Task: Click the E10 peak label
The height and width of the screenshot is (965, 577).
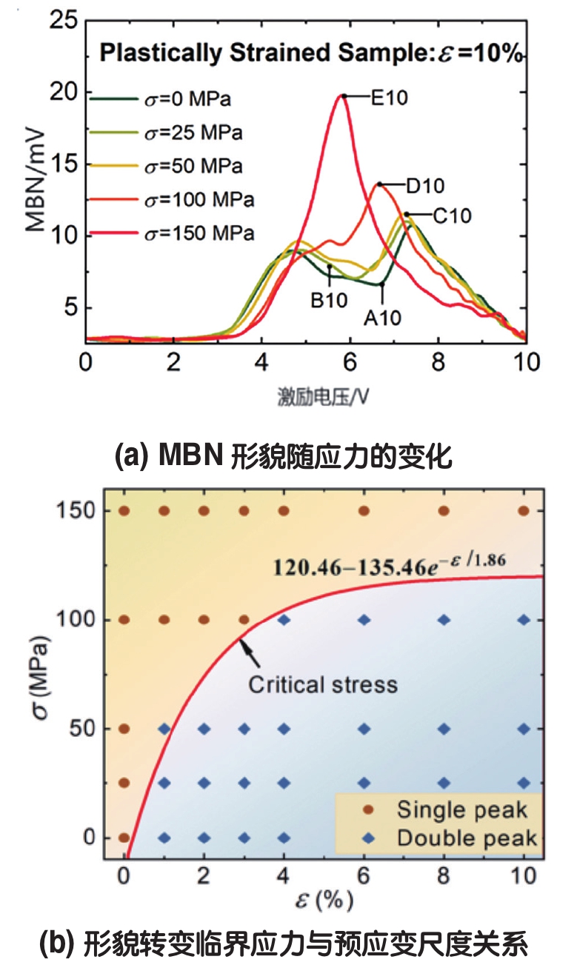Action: (x=390, y=97)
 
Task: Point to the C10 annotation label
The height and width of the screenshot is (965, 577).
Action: (x=452, y=216)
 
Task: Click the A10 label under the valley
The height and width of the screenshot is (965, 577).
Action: (x=382, y=318)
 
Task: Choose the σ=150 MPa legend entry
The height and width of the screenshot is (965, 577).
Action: (x=197, y=234)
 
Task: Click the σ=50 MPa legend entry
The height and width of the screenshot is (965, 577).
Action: (x=192, y=167)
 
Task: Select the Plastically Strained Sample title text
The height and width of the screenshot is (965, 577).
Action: (x=312, y=53)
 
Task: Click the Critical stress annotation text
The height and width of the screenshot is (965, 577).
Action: (x=323, y=684)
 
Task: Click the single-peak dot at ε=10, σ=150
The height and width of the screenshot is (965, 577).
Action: (x=524, y=510)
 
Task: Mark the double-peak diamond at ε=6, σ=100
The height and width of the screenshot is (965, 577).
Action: (x=364, y=620)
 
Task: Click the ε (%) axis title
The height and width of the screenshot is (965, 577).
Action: (x=324, y=900)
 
